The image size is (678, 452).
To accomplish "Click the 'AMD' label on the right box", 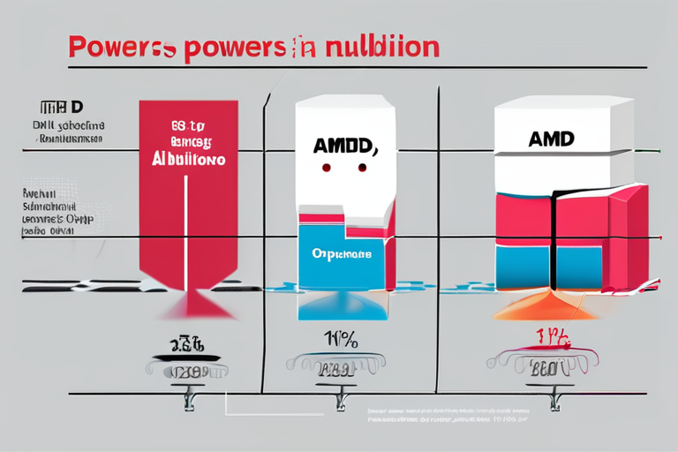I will pyautogui.click(x=551, y=139).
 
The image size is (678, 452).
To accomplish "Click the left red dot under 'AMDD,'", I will pyautogui.click(x=326, y=167).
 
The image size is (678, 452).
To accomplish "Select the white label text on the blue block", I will pyautogui.click(x=342, y=252).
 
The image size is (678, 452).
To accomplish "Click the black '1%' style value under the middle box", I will pyautogui.click(x=340, y=336).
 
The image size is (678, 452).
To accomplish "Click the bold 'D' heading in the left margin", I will pyautogui.click(x=77, y=107).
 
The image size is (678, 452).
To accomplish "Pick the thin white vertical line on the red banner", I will pyautogui.click(x=186, y=221).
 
